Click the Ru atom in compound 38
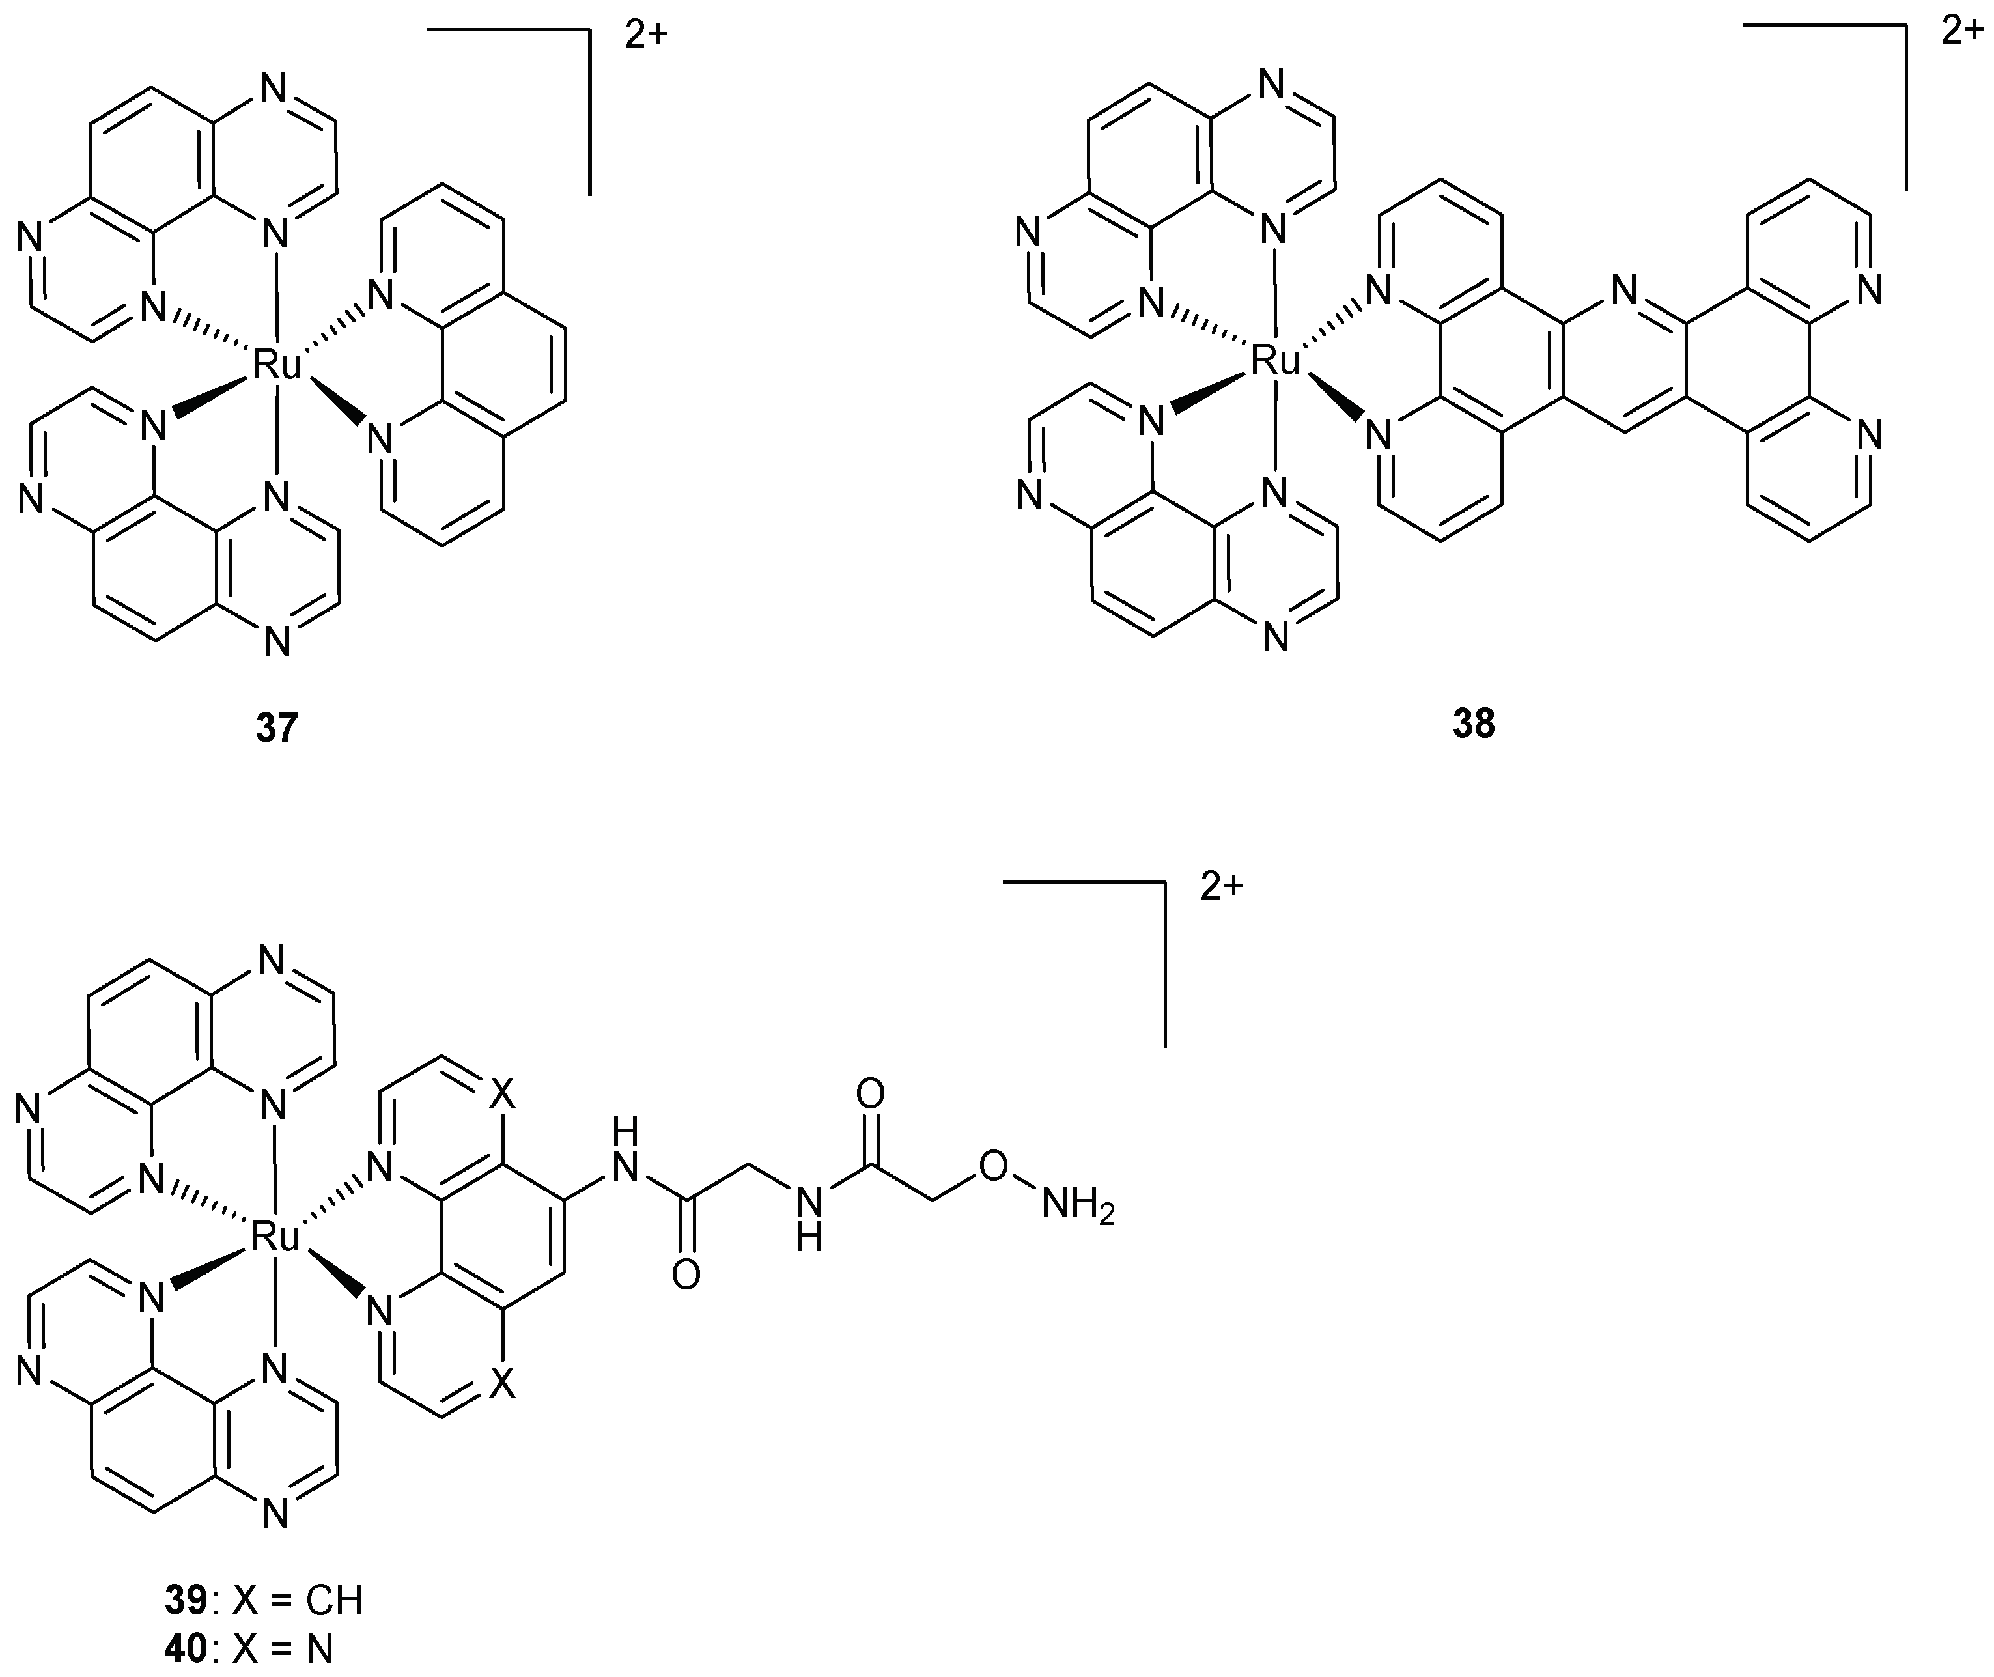[x=1274, y=361]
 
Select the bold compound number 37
[x=277, y=728]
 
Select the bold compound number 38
[x=1473, y=724]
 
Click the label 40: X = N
[x=249, y=1648]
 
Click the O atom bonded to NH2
[x=992, y=1166]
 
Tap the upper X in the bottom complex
[x=503, y=1096]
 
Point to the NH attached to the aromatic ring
[x=625, y=1150]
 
